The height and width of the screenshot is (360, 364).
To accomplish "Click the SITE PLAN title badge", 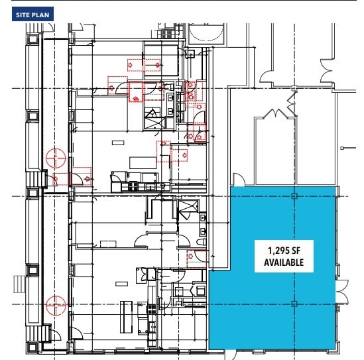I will point(30,14).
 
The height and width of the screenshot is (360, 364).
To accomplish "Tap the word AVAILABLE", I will point(279,263).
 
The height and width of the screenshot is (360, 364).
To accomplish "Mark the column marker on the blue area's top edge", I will point(294,196).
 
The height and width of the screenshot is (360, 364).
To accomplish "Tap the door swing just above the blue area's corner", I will point(238,179).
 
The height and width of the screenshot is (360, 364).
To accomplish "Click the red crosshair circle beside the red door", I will point(55,159).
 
